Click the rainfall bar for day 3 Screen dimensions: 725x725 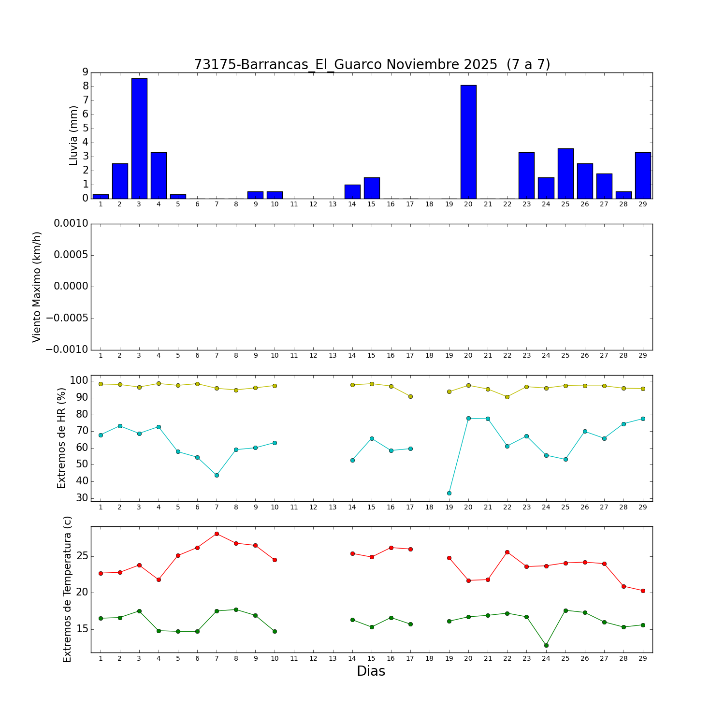(x=139, y=138)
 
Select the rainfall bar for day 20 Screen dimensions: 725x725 (x=468, y=142)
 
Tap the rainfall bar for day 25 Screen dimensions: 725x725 (x=565, y=174)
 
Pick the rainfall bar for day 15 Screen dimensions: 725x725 (x=372, y=188)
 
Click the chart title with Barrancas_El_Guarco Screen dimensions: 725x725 (x=372, y=65)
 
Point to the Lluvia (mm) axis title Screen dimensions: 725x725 (x=73, y=135)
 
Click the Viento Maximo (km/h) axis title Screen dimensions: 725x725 (x=37, y=287)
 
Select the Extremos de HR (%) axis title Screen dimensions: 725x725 (x=61, y=438)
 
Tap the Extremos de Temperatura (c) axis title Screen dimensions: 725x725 (x=67, y=589)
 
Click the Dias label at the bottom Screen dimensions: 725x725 (x=371, y=671)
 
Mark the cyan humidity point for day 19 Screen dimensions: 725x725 (x=449, y=493)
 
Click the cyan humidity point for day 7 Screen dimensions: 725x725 (x=217, y=475)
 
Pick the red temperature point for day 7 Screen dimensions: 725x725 (x=217, y=534)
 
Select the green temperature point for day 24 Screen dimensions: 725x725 (x=546, y=645)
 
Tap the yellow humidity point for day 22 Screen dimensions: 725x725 (x=507, y=397)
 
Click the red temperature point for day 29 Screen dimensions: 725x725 (x=643, y=591)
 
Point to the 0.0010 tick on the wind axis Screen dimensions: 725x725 (x=71, y=224)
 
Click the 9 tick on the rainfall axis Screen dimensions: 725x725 (x=85, y=72)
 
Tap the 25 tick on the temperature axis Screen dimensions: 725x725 (x=82, y=556)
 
